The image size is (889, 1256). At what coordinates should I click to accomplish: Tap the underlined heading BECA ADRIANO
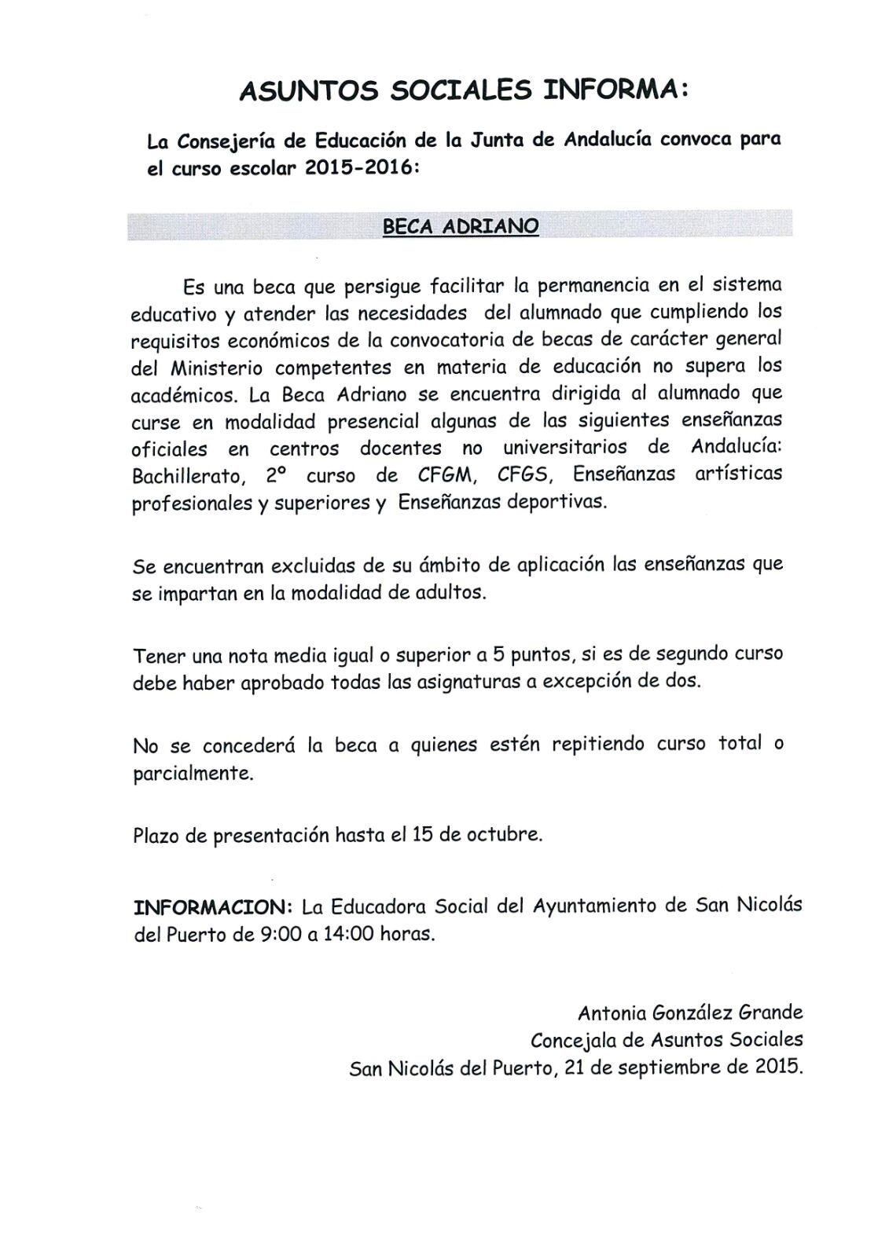[460, 226]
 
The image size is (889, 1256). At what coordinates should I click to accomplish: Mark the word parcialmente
[193, 773]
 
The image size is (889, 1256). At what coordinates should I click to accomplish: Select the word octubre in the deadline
[506, 834]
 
